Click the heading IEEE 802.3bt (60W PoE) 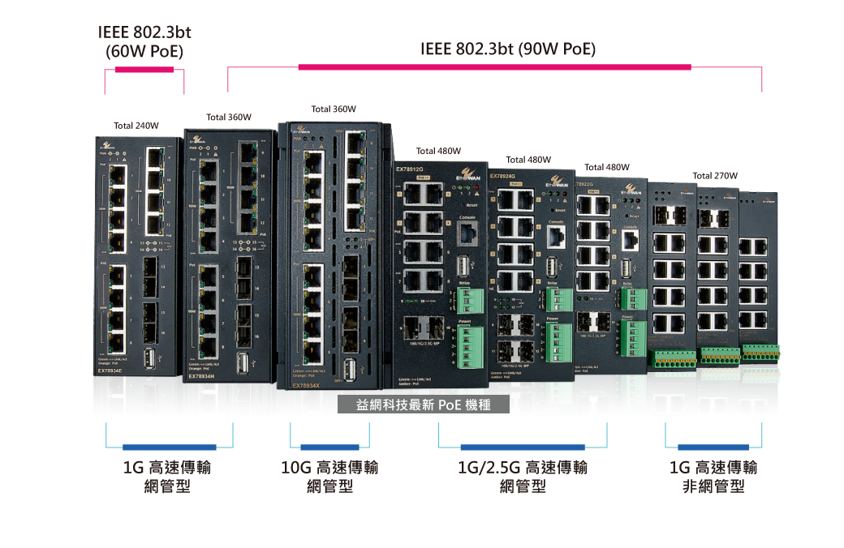[144, 42]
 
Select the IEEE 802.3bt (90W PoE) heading [508, 49]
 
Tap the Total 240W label [136, 126]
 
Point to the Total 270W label [715, 175]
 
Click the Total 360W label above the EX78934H [229, 117]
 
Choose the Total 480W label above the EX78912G [438, 151]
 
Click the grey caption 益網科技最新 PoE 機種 [424, 405]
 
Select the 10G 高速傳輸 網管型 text [329, 477]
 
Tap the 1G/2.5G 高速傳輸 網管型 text [523, 477]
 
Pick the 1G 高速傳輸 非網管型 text [713, 477]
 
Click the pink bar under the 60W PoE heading [144, 70]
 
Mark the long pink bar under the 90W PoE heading [494, 67]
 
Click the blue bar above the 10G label [329, 447]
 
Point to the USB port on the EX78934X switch [350, 370]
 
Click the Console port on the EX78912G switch [468, 233]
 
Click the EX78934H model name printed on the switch [200, 377]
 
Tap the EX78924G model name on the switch [502, 175]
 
